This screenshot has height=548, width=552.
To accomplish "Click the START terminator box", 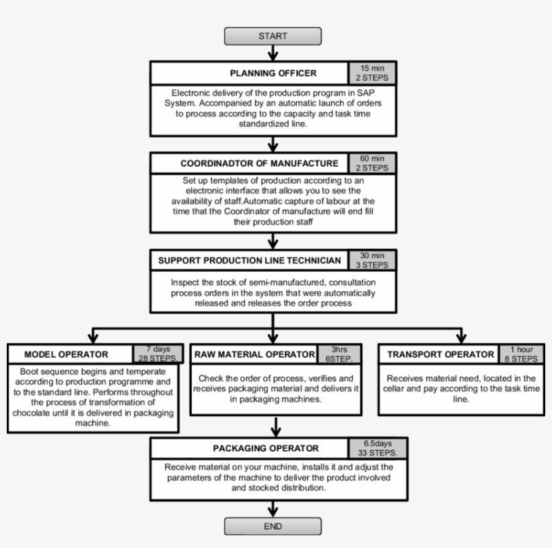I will click(x=273, y=36).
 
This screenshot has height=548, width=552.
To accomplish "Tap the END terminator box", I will click(x=273, y=526).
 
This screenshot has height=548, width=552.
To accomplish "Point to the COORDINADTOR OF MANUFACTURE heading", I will click(x=250, y=163).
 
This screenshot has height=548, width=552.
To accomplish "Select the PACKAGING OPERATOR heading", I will click(x=250, y=448).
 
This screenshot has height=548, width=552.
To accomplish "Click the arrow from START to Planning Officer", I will click(x=273, y=54).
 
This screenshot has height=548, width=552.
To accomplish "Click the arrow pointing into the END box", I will click(x=273, y=510).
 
